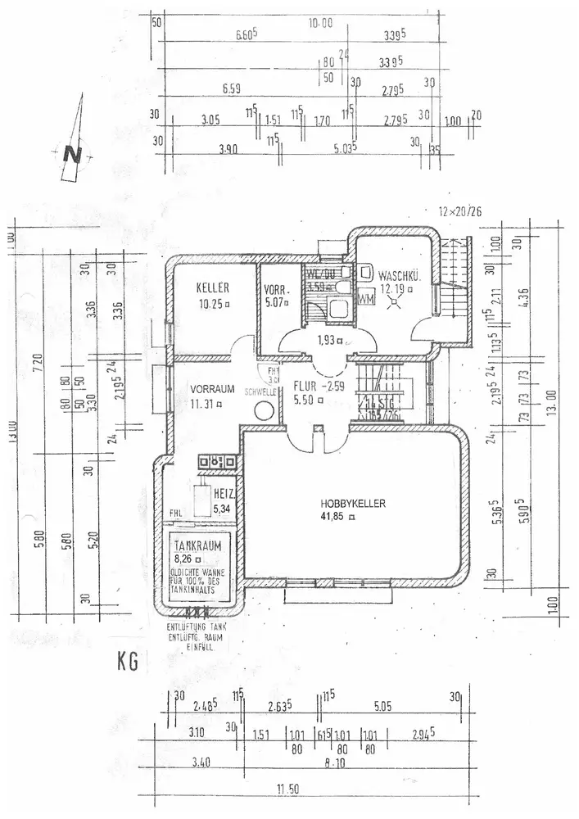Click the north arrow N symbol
(x=73, y=153)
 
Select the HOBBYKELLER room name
(x=353, y=503)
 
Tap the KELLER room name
(x=211, y=288)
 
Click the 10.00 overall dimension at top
(x=320, y=23)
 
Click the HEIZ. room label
(x=225, y=495)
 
